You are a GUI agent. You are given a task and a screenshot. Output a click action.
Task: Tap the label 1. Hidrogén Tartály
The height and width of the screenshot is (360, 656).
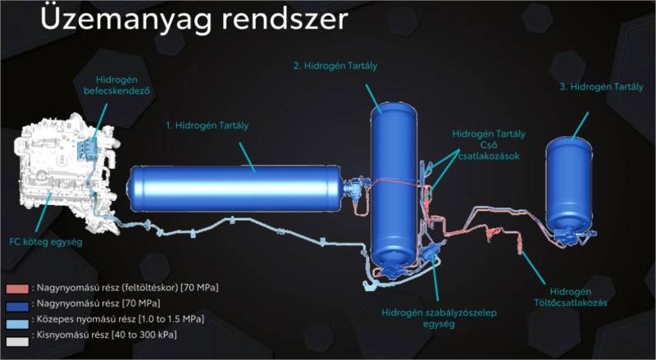click(207, 125)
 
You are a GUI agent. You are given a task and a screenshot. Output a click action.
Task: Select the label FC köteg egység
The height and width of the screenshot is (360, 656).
click(52, 243)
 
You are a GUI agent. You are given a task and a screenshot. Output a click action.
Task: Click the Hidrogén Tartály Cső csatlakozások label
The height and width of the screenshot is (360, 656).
click(489, 144)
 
